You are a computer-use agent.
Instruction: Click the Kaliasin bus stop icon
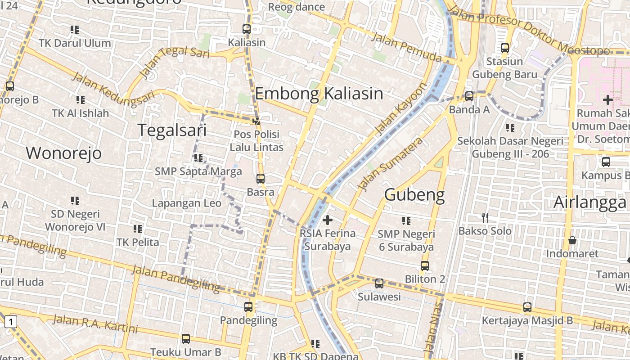point(247,29)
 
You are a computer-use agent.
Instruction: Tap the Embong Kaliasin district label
point(319,94)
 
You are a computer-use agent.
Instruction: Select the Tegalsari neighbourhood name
point(172,130)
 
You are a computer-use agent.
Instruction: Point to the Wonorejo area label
point(63,153)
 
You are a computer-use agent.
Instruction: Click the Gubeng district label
point(414,195)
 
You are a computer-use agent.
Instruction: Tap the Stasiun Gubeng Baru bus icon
point(505,48)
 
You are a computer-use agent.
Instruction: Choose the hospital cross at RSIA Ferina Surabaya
point(328,220)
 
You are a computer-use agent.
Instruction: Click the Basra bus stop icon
point(261,179)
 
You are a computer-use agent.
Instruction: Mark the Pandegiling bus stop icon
point(248,307)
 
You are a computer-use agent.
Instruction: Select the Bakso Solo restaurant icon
point(485,218)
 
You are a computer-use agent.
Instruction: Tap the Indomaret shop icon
point(572,240)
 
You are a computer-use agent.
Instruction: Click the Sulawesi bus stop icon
point(379,283)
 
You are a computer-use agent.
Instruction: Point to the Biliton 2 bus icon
point(425,266)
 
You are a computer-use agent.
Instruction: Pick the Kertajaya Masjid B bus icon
point(527,308)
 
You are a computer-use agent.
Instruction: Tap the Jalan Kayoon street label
point(399,109)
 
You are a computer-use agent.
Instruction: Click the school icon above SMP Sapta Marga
point(198,158)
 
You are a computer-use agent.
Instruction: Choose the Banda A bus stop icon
point(469,96)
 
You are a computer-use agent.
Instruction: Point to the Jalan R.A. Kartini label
point(95,324)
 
